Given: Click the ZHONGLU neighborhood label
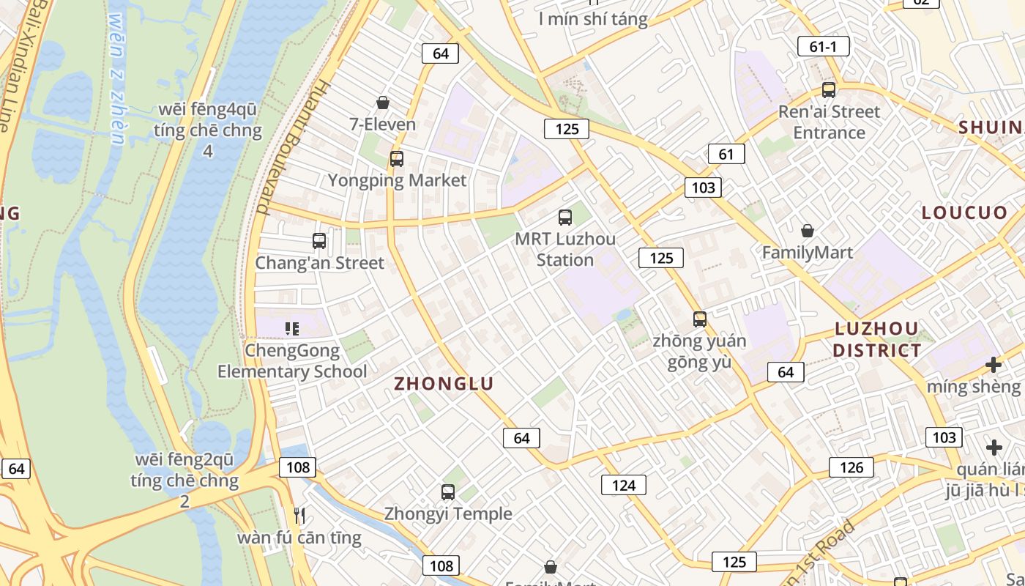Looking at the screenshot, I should click(x=444, y=383).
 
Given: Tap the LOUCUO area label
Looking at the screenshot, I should click(x=964, y=212).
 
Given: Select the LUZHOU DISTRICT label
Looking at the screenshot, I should click(x=876, y=339).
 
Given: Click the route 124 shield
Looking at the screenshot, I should click(x=624, y=484).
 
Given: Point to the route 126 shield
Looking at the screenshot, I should click(x=851, y=467).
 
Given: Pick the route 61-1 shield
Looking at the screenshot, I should click(x=823, y=46).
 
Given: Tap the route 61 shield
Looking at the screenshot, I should click(x=726, y=154).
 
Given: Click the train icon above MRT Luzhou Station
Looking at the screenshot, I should click(x=564, y=218).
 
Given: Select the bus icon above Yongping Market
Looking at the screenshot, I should click(x=396, y=158).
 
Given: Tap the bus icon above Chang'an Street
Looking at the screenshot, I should click(x=318, y=240).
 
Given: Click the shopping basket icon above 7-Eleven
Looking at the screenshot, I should click(x=382, y=103).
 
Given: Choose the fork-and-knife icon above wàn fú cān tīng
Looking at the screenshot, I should click(x=299, y=516).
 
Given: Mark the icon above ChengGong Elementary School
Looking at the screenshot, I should click(x=292, y=329).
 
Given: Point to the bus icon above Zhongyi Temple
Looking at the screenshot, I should click(x=447, y=492).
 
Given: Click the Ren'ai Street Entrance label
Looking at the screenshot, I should click(x=829, y=122).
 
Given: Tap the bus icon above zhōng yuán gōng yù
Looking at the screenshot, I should click(x=699, y=319).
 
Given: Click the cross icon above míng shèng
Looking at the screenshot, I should click(x=993, y=364).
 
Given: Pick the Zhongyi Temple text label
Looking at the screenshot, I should click(x=448, y=514).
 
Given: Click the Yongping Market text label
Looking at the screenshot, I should click(x=397, y=180).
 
